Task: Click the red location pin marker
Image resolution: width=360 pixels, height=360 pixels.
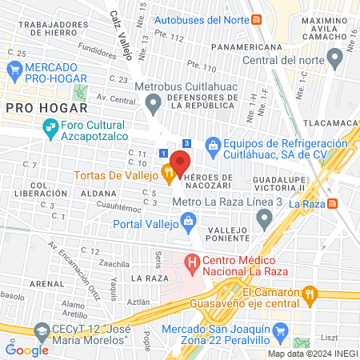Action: tap(180, 162)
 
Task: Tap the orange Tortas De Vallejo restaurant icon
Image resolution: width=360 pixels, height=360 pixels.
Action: tap(168, 171)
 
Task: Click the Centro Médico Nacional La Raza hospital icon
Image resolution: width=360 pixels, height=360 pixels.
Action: tap(192, 262)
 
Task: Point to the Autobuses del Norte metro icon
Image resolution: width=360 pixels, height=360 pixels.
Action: tap(255, 19)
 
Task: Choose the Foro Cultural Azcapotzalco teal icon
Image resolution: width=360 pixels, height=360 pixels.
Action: tap(49, 126)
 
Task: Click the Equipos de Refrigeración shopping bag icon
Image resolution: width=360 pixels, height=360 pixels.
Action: tap(213, 144)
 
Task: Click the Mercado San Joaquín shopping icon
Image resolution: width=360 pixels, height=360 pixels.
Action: tap(280, 330)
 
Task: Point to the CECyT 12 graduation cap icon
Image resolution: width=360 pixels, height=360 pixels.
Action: tap(40, 331)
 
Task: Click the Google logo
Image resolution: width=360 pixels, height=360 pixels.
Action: tap(27, 350)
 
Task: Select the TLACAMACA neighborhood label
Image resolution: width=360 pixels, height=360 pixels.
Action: tap(332, 123)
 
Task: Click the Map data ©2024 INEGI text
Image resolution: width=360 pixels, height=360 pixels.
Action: tap(311, 354)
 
